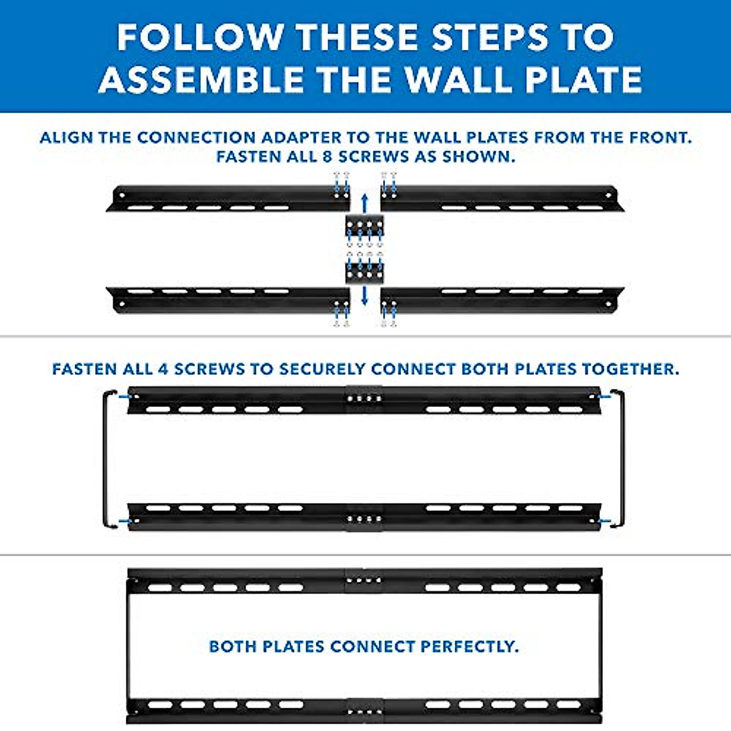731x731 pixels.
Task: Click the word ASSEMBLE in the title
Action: pyautogui.click(x=202, y=80)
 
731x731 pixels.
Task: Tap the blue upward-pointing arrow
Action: pyautogui.click(x=364, y=202)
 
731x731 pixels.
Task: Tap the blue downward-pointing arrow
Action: pyautogui.click(x=364, y=296)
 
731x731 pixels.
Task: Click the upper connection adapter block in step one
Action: pyautogui.click(x=364, y=225)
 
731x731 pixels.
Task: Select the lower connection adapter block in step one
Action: pyautogui.click(x=364, y=272)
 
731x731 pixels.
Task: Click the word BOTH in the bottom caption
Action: pyautogui.click(x=233, y=646)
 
